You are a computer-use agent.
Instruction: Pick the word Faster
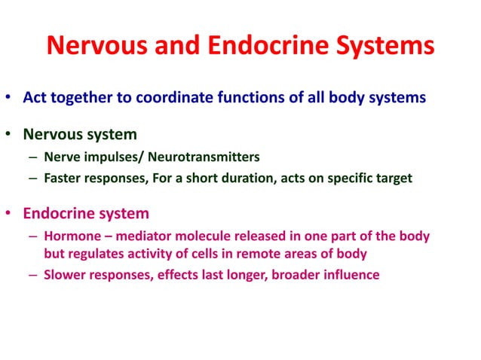[63, 178]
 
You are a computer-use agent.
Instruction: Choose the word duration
[231, 178]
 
